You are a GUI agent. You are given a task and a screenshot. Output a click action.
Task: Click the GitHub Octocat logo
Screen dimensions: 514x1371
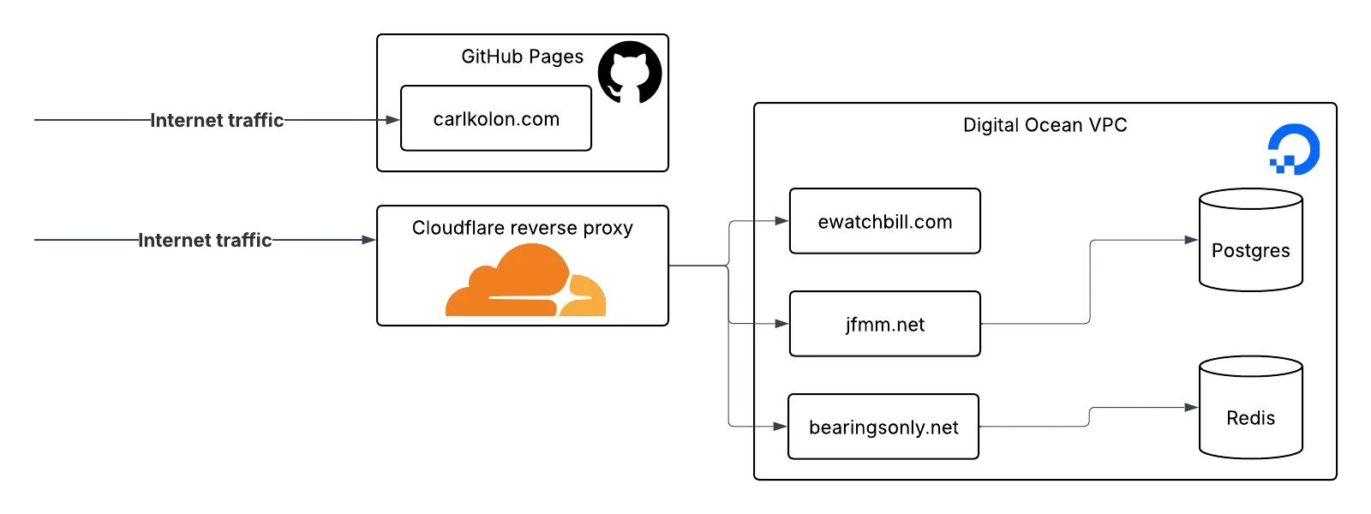click(x=630, y=73)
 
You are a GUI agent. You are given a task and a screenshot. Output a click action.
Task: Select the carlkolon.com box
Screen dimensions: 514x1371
click(x=496, y=119)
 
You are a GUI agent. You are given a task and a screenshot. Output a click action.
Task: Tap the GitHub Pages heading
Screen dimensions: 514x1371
click(x=522, y=57)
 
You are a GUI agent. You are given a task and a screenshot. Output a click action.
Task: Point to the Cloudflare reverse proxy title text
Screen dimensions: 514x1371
click(x=522, y=228)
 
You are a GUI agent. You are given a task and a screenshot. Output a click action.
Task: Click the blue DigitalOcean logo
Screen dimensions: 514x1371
click(x=1294, y=149)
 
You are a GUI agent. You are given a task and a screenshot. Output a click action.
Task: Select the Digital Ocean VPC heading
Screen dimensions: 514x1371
click(x=1045, y=125)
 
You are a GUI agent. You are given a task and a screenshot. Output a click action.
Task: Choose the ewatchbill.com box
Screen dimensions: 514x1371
click(x=884, y=222)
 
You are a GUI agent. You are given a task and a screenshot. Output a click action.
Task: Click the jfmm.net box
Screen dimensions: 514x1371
click(x=884, y=325)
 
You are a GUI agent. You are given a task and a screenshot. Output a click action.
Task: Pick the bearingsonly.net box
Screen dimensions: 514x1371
click(x=883, y=427)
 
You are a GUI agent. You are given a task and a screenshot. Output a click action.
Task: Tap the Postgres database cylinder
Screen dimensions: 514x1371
click(x=1250, y=241)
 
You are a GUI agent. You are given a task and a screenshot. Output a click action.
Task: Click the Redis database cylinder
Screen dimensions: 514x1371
click(x=1250, y=408)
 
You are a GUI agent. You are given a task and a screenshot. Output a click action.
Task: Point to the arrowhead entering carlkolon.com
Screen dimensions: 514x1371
click(x=392, y=120)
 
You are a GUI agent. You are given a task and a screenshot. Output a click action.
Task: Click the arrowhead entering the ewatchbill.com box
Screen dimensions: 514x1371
click(x=781, y=221)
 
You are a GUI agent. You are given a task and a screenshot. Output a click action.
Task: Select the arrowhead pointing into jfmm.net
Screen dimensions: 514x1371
click(x=781, y=324)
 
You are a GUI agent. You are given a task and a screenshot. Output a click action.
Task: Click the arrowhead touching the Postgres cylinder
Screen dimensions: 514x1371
click(x=1191, y=240)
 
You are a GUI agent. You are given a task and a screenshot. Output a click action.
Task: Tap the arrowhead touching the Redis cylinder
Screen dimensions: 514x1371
click(x=1191, y=408)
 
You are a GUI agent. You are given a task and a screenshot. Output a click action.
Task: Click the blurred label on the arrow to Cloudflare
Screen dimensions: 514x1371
click(x=206, y=240)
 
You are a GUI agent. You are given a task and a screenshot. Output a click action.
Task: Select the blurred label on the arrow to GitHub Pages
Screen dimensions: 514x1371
click(x=219, y=120)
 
